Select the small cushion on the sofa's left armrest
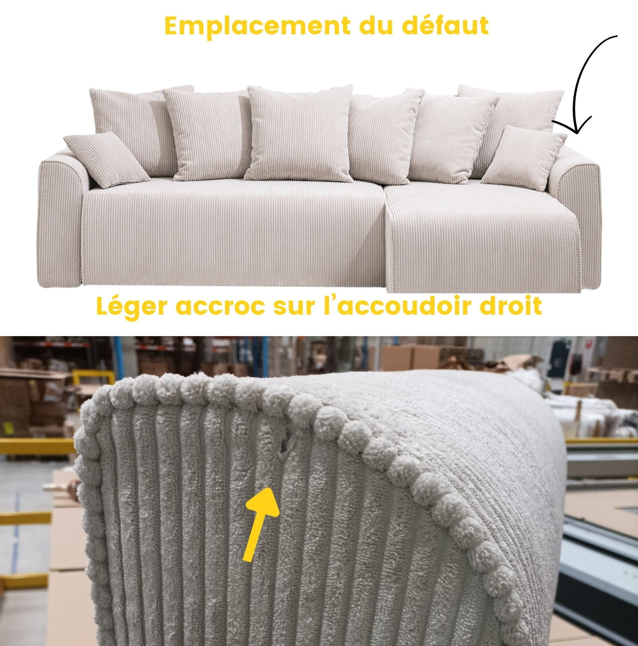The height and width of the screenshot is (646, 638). coord(106,159)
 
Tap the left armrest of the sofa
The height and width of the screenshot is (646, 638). coord(62,218)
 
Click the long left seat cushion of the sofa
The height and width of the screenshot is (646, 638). coord(233,231)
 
